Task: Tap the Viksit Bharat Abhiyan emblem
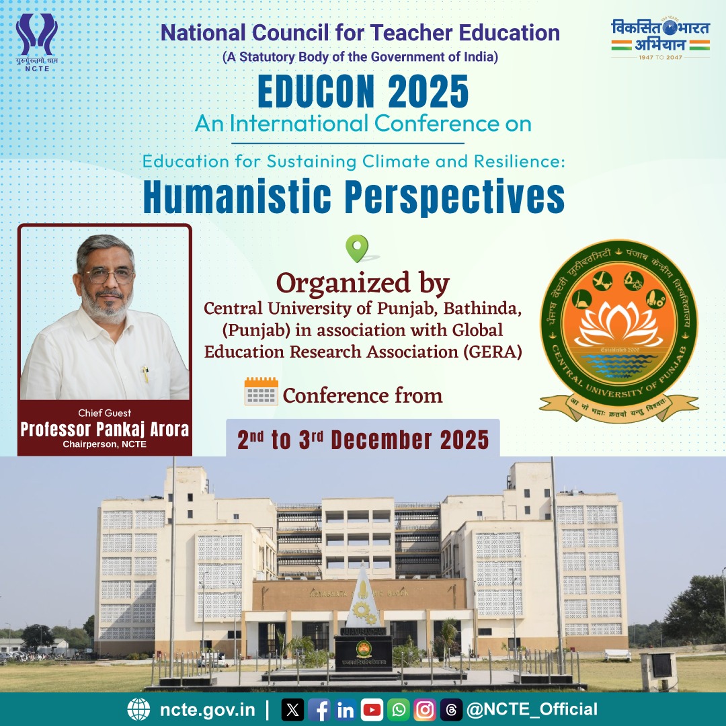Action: [x=660, y=38]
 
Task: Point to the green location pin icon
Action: [x=357, y=248]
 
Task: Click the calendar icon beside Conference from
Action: [x=261, y=391]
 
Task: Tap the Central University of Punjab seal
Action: [x=619, y=329]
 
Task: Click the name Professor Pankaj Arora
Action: [x=105, y=429]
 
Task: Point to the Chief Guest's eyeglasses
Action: [x=109, y=276]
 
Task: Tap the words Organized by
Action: [x=363, y=283]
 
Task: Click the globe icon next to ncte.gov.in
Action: [x=138, y=709]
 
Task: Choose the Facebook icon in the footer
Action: [x=319, y=710]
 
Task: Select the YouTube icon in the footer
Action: [x=372, y=710]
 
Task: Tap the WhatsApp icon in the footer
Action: [x=399, y=710]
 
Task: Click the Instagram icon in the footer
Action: [x=425, y=710]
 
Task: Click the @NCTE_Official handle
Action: [x=532, y=709]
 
